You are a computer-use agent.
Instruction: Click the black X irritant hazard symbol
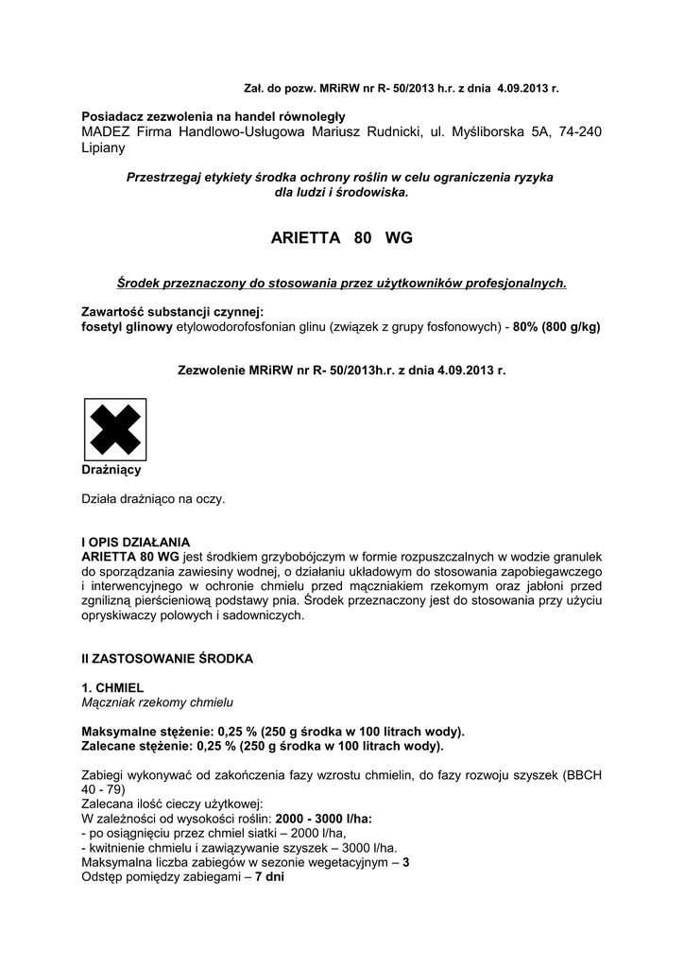tap(114, 428)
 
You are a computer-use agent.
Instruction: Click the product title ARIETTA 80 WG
tap(341, 238)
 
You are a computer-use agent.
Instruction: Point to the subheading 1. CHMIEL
tap(112, 689)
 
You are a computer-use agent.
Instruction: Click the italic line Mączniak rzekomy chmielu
tap(157, 702)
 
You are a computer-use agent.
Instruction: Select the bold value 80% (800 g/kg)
tap(556, 326)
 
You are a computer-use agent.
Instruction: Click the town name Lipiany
tap(105, 148)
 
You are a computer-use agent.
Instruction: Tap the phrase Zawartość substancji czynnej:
tap(173, 312)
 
